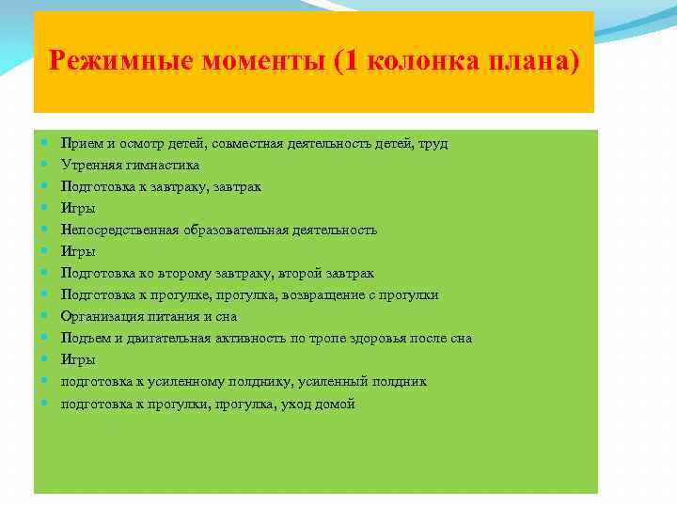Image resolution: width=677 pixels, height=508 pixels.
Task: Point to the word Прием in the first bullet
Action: (78, 143)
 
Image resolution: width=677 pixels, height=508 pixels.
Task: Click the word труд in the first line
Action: (434, 143)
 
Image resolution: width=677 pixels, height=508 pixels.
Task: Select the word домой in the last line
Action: (338, 404)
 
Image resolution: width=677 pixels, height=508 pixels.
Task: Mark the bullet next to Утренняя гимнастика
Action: (45, 165)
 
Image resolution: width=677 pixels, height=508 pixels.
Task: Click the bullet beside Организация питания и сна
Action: (45, 316)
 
